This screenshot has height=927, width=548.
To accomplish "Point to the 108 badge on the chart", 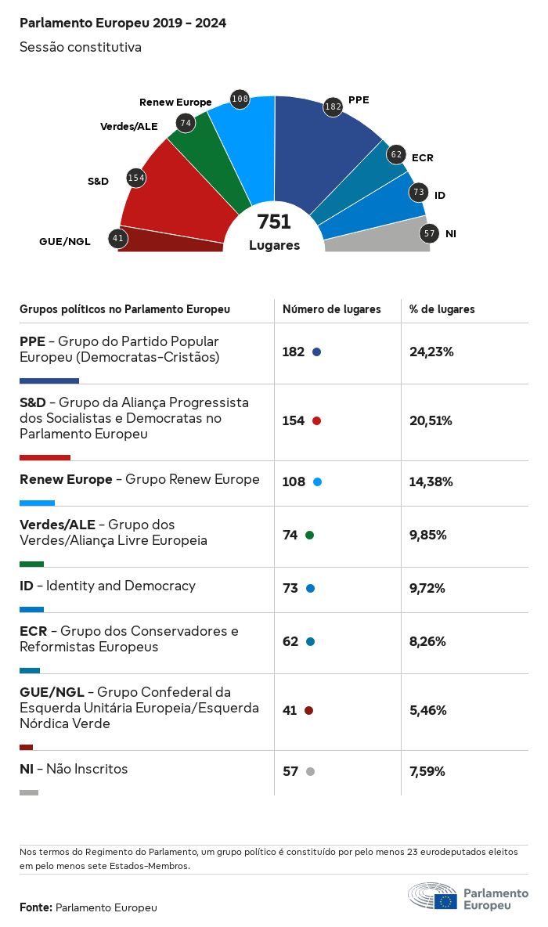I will (x=240, y=99).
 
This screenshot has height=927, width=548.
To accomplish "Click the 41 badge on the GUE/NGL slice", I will (x=118, y=238).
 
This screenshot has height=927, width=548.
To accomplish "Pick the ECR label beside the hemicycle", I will (x=422, y=157).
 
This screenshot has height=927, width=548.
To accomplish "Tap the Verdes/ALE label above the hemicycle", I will (x=129, y=126).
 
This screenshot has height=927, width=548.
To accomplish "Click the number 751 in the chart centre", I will (x=274, y=222).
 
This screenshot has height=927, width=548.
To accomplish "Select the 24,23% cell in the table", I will (x=431, y=352).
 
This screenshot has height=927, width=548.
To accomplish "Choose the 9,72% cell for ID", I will (x=427, y=588).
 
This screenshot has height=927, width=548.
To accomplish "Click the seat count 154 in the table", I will (x=294, y=420).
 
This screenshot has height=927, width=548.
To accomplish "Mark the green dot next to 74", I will (x=309, y=536).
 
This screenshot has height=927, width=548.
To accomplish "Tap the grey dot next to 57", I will (x=310, y=772).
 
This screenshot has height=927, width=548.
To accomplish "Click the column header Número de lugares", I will (x=332, y=309).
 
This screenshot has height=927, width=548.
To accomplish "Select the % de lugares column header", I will (x=442, y=309).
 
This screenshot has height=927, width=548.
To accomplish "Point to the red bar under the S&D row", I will (x=45, y=457).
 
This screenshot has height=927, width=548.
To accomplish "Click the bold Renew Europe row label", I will (x=66, y=479).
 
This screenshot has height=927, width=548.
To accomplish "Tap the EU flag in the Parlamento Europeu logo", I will (x=446, y=901).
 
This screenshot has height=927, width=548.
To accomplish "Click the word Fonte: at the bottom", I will (x=36, y=907).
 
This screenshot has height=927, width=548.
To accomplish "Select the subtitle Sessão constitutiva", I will (x=81, y=47).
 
